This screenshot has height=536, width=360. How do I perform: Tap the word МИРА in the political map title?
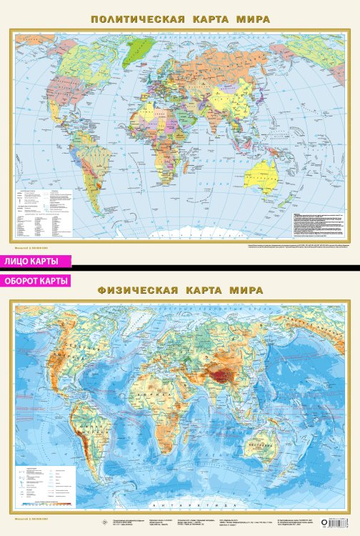click(x=253, y=19)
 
